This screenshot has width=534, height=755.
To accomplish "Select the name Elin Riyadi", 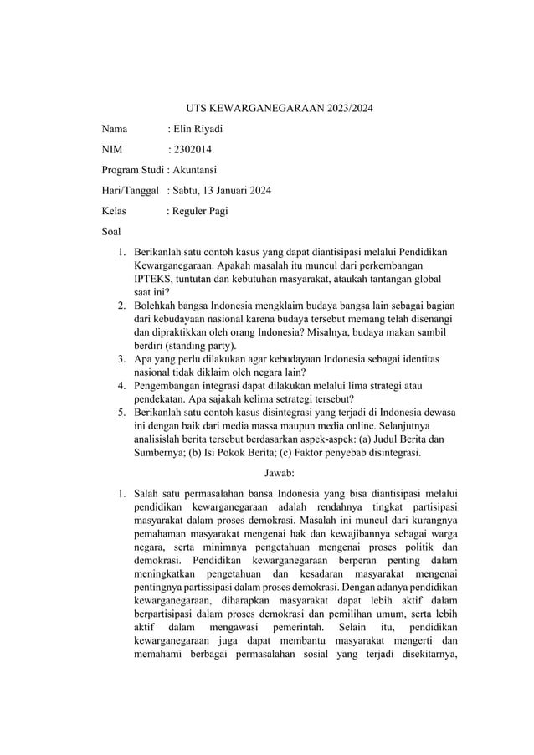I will (x=200, y=130).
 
